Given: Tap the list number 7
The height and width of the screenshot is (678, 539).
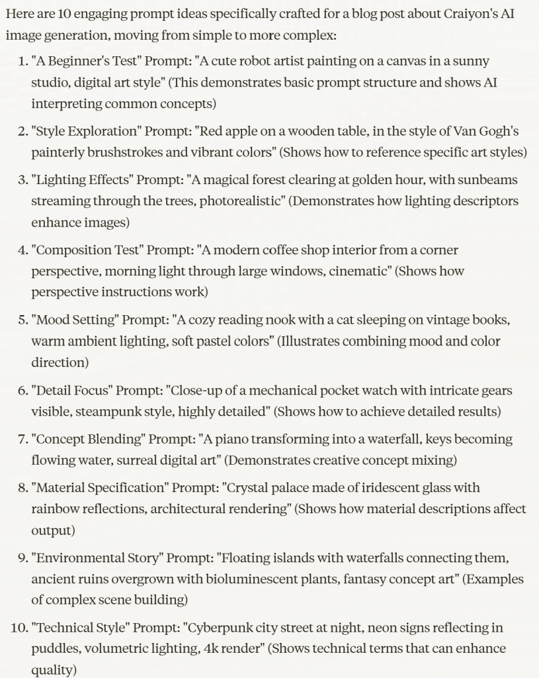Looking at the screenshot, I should pyautogui.click(x=21, y=438).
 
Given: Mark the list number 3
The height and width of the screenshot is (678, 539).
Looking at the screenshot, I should pyautogui.click(x=21, y=179).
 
